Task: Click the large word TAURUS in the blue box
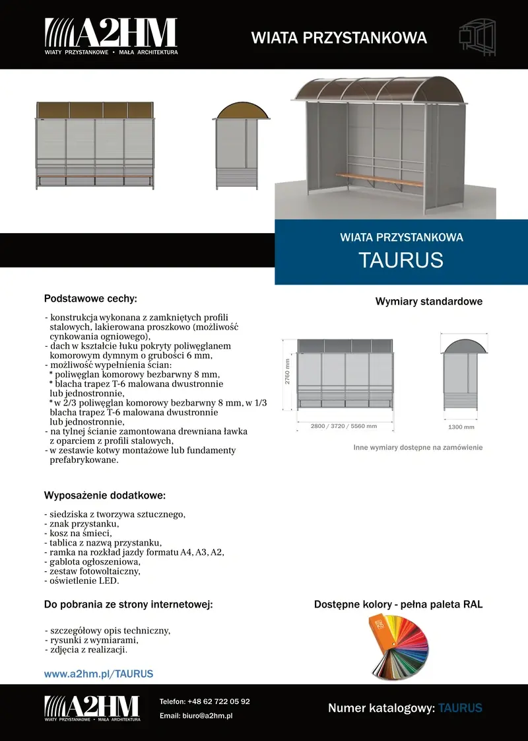(x=401, y=260)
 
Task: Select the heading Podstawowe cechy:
(x=90, y=299)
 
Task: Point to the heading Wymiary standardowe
(x=429, y=302)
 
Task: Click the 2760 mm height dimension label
(x=288, y=372)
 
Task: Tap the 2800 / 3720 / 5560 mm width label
(x=343, y=426)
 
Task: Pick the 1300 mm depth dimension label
(x=461, y=427)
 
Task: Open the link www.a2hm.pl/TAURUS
(x=98, y=674)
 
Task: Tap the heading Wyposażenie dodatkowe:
(x=104, y=495)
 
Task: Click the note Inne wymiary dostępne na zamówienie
(x=418, y=448)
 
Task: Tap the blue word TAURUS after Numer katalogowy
(x=460, y=709)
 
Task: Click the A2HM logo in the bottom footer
(x=92, y=708)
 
